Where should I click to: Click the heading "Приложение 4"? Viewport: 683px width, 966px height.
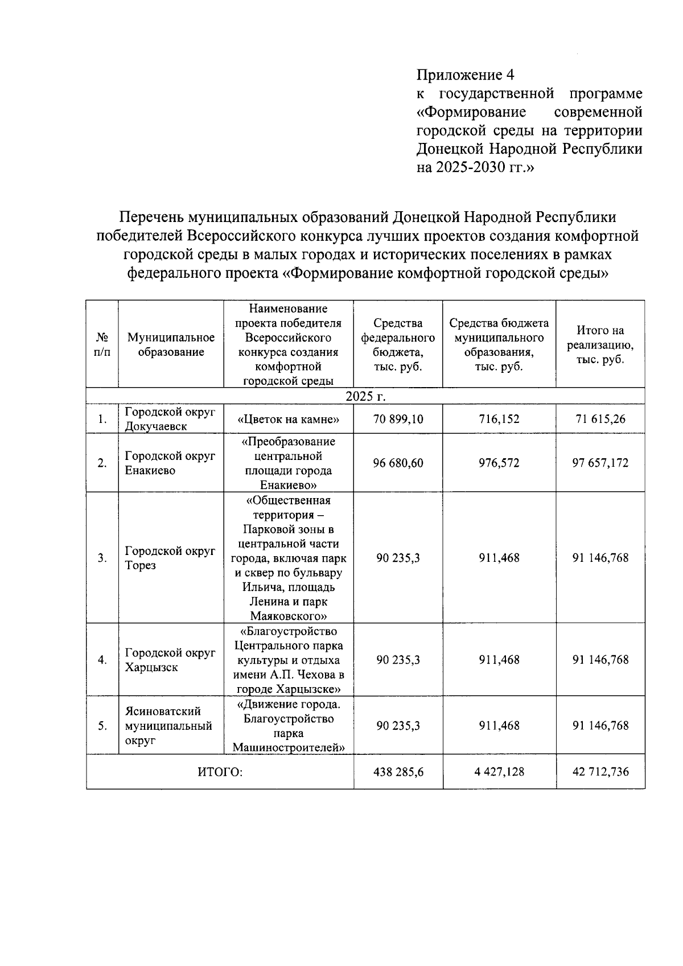(466, 75)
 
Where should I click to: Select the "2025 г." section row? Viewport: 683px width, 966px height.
(365, 396)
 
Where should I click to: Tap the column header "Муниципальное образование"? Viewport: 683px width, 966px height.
(171, 345)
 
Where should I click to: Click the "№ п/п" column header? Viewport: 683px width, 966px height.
(102, 345)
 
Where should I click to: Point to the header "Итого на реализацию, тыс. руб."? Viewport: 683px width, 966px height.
(600, 345)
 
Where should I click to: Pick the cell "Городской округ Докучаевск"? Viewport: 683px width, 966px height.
(170, 419)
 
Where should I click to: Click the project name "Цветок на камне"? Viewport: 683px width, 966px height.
(288, 420)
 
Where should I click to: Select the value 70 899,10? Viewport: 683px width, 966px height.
(398, 420)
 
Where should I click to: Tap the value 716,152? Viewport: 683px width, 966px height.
(499, 420)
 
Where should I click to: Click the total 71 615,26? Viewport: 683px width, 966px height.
(600, 420)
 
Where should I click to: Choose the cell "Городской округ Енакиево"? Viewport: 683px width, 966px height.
(170, 463)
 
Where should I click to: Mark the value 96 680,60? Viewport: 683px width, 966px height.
(398, 463)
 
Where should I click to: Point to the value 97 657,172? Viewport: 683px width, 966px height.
(600, 463)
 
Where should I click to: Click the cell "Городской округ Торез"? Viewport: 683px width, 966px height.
(170, 558)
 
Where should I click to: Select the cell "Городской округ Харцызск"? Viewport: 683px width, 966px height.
(170, 660)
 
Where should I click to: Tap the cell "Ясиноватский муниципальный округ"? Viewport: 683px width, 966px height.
(168, 726)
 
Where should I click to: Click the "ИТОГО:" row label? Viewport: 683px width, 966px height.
(220, 772)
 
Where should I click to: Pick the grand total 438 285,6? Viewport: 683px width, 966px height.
(398, 772)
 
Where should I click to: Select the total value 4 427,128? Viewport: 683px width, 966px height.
(499, 772)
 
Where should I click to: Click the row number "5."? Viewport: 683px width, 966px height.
(102, 726)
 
